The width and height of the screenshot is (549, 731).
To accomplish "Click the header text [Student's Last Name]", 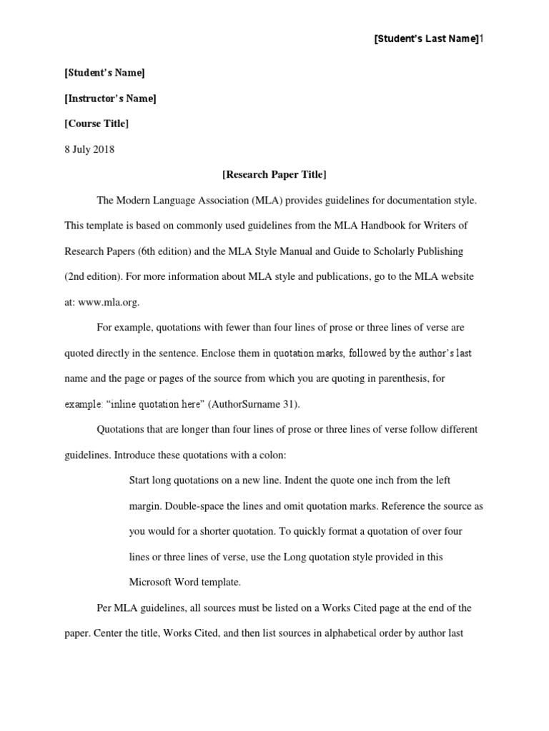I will point(426,39).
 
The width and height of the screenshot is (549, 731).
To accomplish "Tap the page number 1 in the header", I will point(482,39).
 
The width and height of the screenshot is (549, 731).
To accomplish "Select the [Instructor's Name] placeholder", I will point(110,99).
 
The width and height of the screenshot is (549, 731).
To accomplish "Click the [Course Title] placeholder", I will point(97,123).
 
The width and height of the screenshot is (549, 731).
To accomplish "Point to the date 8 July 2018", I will point(89,149).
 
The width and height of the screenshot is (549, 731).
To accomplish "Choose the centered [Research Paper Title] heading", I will point(274,175).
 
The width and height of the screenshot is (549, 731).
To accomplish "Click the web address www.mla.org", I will point(108,302).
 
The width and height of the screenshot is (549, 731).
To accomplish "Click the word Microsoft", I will point(154,582).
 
